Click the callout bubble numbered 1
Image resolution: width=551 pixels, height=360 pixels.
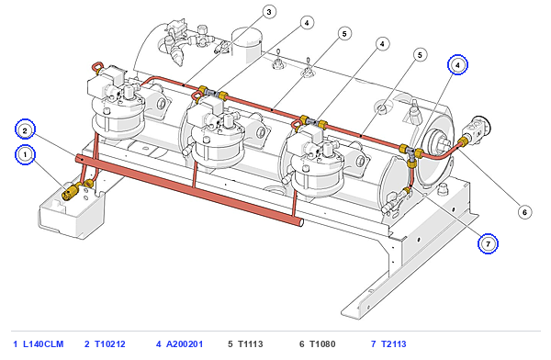pos(25,154)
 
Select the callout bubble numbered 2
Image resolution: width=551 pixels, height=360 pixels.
pos(25,130)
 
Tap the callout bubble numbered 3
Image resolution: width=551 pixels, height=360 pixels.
pos(269,12)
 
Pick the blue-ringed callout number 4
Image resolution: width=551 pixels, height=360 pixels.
pos(457,65)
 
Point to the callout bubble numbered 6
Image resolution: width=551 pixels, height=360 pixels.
pos(524,212)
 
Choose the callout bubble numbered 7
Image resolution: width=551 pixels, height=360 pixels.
pos(488,243)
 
